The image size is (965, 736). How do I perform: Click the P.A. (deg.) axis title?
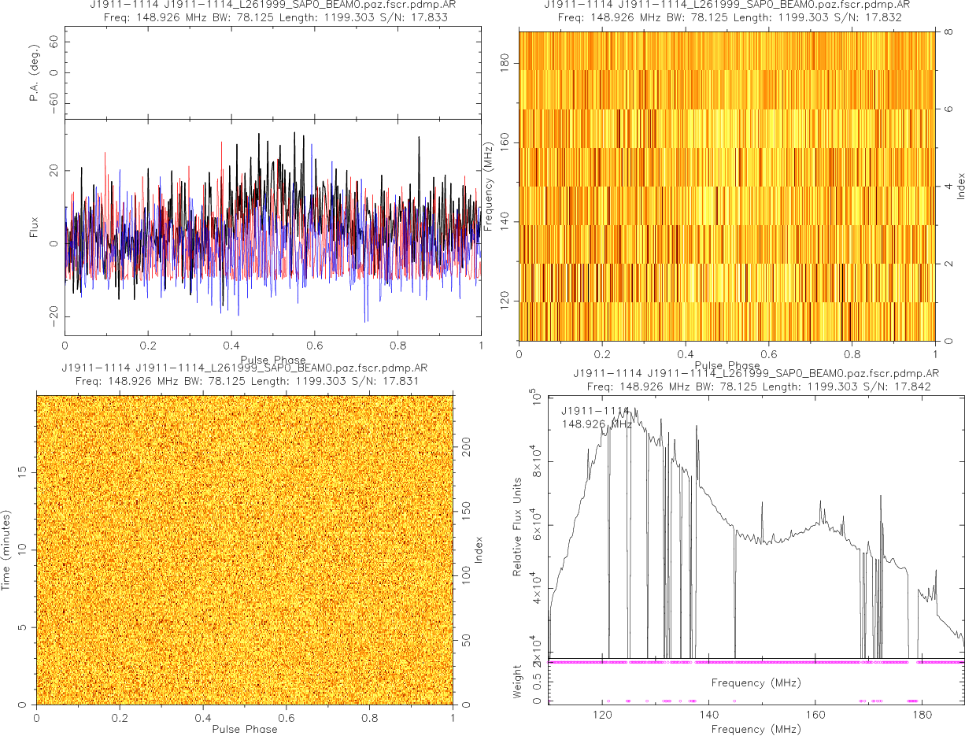[x=35, y=72]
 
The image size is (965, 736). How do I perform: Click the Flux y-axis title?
[x=35, y=226]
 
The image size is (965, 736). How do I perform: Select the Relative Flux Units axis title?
[x=518, y=526]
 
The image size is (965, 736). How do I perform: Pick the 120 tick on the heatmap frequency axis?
[x=505, y=301]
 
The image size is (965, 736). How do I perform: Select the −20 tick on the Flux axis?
[x=50, y=316]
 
